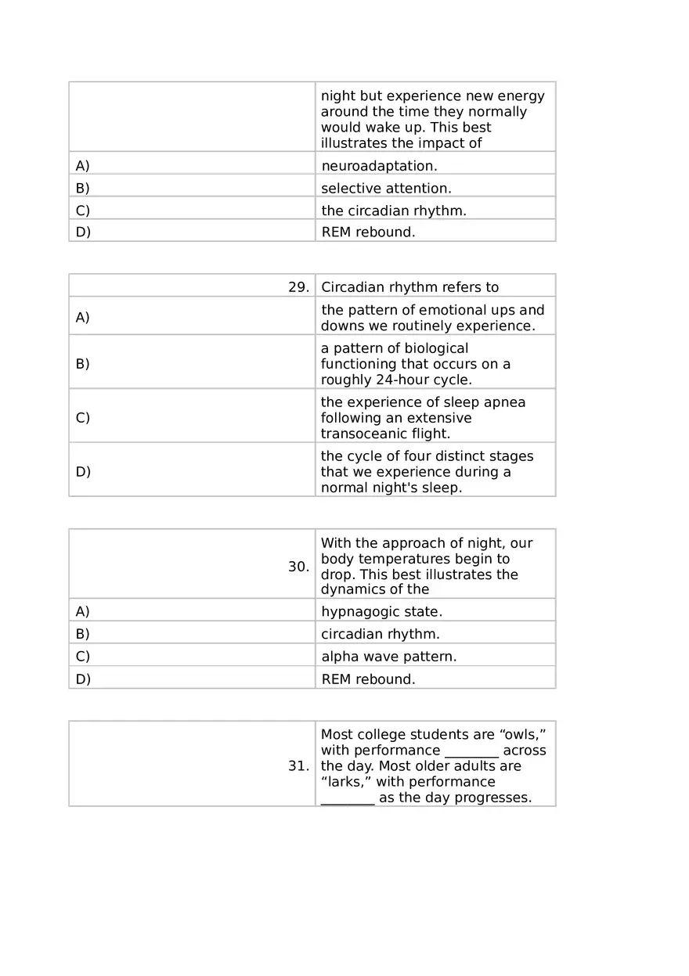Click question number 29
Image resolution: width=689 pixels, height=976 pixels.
click(298, 287)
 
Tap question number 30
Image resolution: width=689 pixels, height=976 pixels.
click(298, 567)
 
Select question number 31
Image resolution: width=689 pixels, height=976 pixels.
click(298, 766)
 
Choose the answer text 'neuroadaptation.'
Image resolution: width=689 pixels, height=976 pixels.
click(379, 166)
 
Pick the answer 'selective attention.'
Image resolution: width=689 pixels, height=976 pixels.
click(386, 189)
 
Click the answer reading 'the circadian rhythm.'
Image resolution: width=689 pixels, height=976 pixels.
click(394, 211)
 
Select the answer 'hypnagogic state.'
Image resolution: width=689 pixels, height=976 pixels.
click(381, 612)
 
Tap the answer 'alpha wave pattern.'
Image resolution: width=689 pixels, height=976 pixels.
click(388, 657)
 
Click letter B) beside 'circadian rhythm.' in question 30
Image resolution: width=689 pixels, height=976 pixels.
click(82, 634)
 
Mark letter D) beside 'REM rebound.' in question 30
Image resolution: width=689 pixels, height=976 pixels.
click(82, 679)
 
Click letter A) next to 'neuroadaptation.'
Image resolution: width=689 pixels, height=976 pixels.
click(82, 166)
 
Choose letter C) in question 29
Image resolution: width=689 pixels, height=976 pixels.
click(82, 418)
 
